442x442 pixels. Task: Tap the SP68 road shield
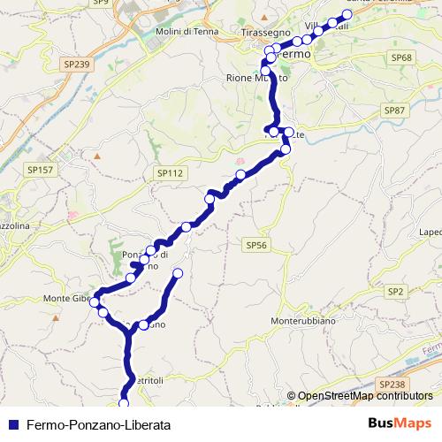pyautogui.click(x=401, y=57)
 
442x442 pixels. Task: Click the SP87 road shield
pyautogui.click(x=394, y=110)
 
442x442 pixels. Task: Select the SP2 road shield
pyautogui.click(x=394, y=291)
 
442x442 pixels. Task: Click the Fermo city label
pyautogui.click(x=296, y=54)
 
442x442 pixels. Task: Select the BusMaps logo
pyautogui.click(x=400, y=423)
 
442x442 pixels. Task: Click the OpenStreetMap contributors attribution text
pyautogui.click(x=365, y=395)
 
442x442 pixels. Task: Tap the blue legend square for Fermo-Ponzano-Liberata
pyautogui.click(x=12, y=424)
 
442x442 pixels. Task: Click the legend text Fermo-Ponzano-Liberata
pyautogui.click(x=98, y=424)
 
